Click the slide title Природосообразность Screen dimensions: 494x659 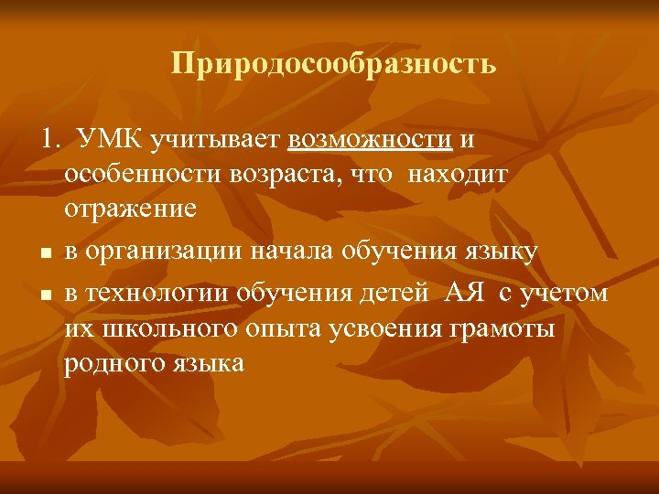[x=333, y=65]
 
